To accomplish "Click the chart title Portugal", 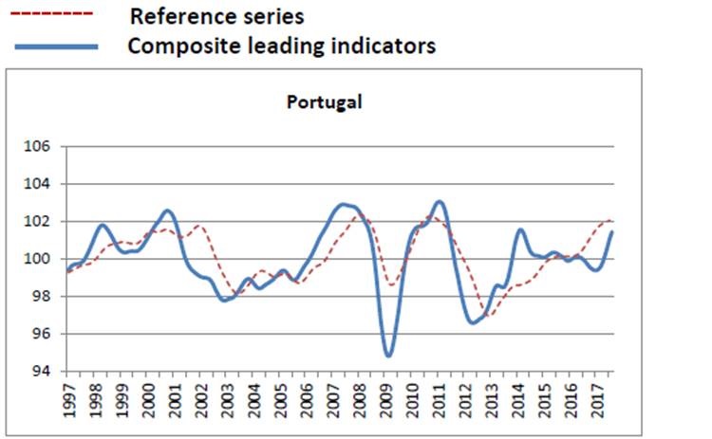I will (x=325, y=101).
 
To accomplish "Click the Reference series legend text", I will (x=216, y=16).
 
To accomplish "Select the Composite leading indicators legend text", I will (x=281, y=46).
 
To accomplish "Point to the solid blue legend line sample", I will (x=54, y=46).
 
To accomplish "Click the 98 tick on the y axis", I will (x=43, y=296).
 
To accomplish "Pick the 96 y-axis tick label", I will (x=43, y=334).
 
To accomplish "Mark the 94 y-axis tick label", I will (x=43, y=371).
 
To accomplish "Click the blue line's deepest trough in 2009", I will (x=388, y=356).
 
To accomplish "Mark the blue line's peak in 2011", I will (x=439, y=202).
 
